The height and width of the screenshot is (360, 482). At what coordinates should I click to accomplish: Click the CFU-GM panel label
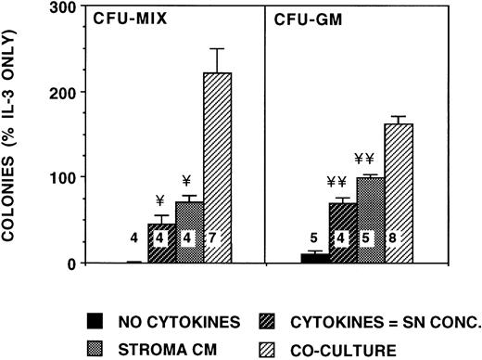tap(301, 18)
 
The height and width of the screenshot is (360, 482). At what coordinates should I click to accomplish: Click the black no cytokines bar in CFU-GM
tap(315, 259)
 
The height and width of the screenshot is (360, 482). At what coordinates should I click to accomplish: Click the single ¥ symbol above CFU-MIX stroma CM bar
tap(186, 181)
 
